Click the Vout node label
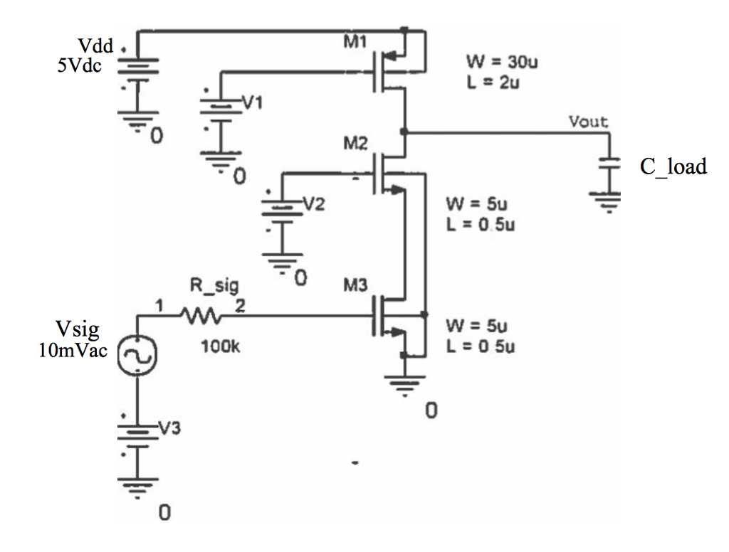pos(589,122)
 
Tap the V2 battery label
pos(313,203)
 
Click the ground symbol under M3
pos(404,386)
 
